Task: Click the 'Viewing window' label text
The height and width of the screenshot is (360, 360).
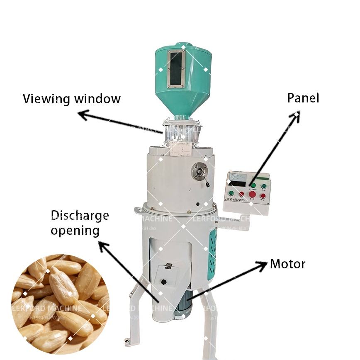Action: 71,99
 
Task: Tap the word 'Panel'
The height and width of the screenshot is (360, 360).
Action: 303,98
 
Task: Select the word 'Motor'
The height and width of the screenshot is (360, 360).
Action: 287,264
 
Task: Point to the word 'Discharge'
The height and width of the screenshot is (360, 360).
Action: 80,215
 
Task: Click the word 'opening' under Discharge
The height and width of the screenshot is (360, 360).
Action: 75,230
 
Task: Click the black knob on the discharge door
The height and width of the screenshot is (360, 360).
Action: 164,282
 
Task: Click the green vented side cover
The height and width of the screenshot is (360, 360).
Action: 212,253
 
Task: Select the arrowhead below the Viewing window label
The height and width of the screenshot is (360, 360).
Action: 82,114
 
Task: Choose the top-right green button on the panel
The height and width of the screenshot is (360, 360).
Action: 264,186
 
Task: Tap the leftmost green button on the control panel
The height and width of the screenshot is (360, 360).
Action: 231,193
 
